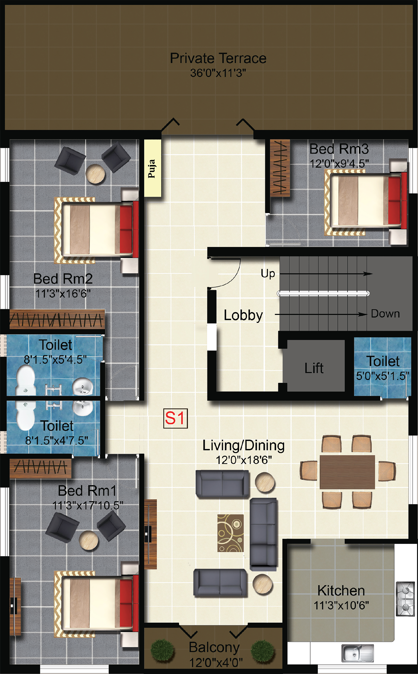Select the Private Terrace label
218,58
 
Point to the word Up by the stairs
268,273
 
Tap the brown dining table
347,472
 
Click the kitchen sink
357,653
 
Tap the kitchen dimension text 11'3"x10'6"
341,605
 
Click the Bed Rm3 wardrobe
280,168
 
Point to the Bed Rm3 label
339,149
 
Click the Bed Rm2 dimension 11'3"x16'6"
63,293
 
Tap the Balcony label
214,647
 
